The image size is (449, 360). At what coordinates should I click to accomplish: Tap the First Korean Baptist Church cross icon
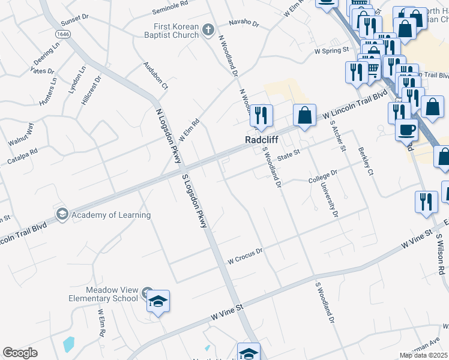[208, 29]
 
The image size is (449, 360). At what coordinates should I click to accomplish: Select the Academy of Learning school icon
[62, 214]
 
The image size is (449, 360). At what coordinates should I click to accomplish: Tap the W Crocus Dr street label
[246, 256]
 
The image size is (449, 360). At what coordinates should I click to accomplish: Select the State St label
[288, 155]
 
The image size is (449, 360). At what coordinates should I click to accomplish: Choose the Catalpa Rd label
[22, 158]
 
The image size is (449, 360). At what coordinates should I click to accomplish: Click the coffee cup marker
[406, 128]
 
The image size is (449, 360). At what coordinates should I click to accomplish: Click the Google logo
[20, 353]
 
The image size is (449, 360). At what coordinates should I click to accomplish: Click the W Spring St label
[332, 52]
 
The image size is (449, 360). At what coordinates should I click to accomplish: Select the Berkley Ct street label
[366, 161]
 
